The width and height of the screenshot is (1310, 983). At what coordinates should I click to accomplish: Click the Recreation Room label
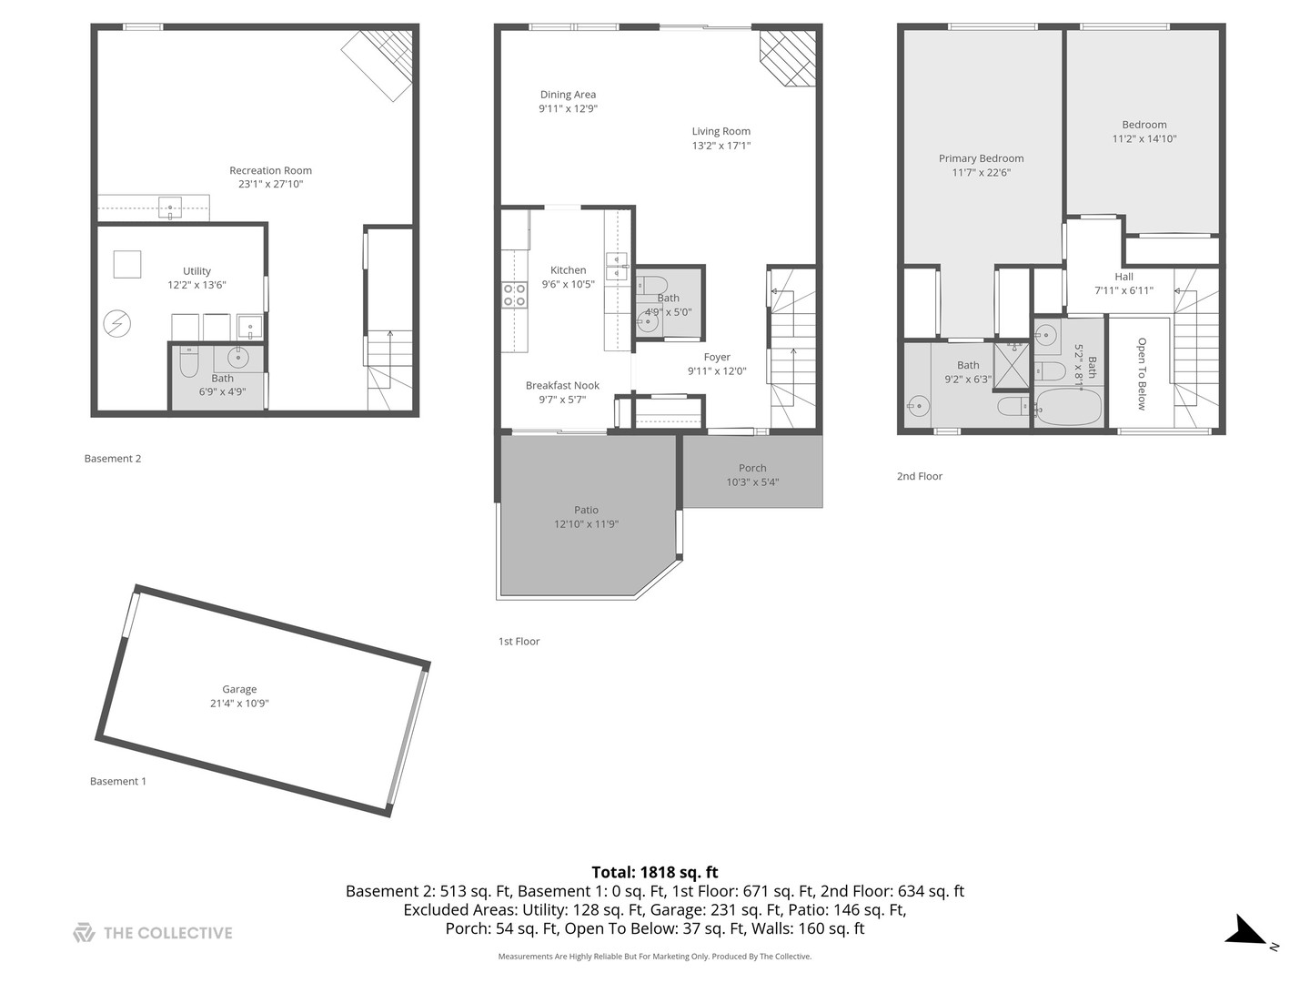point(270,170)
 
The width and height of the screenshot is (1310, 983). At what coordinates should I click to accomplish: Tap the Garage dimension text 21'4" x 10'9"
point(239,704)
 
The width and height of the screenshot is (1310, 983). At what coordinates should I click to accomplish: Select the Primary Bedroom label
point(981,158)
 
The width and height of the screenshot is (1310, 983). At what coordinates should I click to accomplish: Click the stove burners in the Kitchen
point(515,295)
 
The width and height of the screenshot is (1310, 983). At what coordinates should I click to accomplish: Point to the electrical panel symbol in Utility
point(117,322)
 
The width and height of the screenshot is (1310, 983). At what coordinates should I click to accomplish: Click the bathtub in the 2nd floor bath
point(1068,408)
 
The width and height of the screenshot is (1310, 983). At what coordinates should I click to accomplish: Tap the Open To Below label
point(1142,373)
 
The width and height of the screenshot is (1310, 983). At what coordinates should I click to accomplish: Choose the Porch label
point(752,468)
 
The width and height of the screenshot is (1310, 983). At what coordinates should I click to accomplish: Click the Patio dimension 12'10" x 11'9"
point(586,524)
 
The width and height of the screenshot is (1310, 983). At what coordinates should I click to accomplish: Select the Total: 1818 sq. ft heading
point(655,872)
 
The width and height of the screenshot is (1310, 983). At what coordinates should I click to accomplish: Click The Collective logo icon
point(84,933)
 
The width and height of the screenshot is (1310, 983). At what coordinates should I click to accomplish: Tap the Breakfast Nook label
point(562,386)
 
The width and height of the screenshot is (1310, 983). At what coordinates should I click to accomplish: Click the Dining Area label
point(568,95)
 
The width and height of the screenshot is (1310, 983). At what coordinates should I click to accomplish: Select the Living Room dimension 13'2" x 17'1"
point(720,146)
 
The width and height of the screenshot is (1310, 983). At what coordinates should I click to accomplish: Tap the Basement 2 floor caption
point(113,459)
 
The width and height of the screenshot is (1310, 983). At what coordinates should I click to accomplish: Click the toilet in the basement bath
point(189,362)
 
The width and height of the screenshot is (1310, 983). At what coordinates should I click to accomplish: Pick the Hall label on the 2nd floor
point(1124,277)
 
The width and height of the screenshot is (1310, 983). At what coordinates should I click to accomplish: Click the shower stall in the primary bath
point(1011,365)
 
